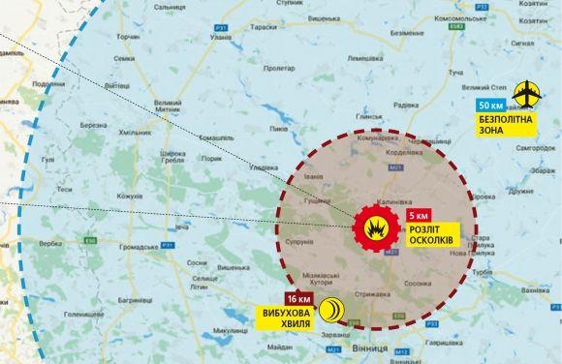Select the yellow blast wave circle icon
332,308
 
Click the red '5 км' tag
419,215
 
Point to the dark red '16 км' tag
298,298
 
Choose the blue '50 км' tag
490,106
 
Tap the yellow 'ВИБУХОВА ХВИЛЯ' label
288,318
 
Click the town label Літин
201,288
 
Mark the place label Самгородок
535,147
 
